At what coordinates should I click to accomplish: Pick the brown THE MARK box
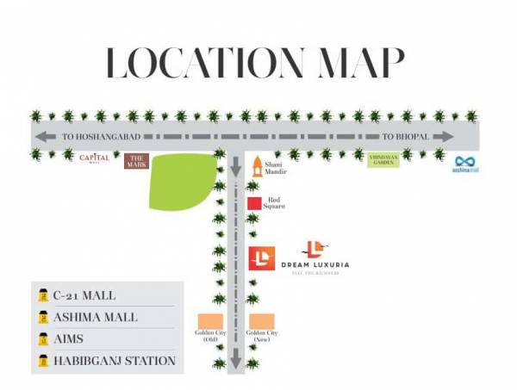tap(136, 161)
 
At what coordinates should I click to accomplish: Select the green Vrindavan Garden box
tap(383, 160)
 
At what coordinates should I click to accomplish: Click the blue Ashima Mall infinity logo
tap(466, 160)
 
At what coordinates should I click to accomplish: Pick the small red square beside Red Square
tap(254, 204)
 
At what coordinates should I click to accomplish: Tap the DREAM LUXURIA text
tap(316, 263)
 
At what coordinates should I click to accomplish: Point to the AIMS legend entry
tap(69, 339)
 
